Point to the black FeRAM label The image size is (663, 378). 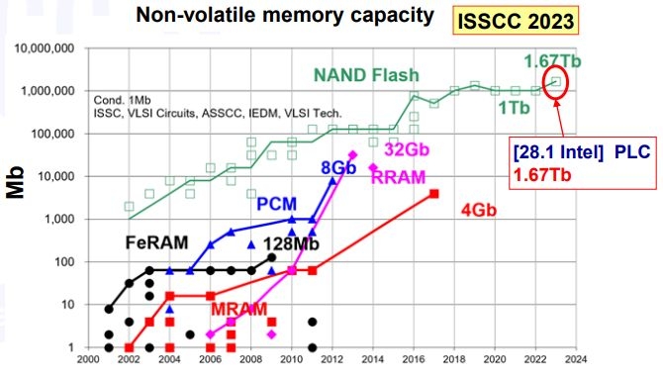point(158,244)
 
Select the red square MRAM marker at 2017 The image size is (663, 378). point(434,221)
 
